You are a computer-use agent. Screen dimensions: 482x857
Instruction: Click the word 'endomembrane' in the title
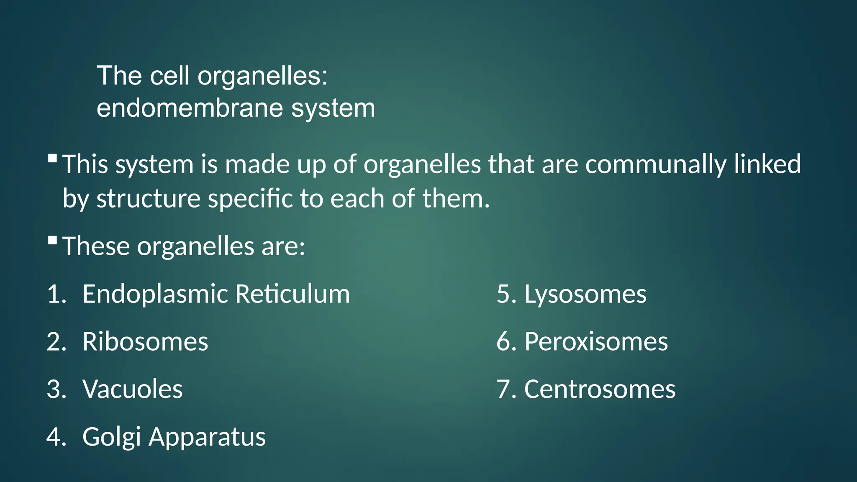point(190,108)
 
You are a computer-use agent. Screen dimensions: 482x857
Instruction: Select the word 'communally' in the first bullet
point(656,164)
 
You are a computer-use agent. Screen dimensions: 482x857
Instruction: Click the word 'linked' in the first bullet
point(767,164)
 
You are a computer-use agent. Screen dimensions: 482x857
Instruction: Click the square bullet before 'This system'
point(53,159)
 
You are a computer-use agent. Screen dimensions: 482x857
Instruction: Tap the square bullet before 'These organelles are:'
point(53,240)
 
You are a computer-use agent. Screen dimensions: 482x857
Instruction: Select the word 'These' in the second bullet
point(96,246)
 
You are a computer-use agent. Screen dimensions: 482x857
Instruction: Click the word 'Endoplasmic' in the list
point(155,294)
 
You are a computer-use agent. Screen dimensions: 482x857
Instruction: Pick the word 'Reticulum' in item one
point(293,294)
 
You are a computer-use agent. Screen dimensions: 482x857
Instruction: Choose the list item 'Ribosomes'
point(145,341)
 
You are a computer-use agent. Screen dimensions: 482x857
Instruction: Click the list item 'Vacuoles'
point(133,389)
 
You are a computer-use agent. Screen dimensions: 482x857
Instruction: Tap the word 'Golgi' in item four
point(111,437)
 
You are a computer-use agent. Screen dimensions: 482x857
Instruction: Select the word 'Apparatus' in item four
point(207,437)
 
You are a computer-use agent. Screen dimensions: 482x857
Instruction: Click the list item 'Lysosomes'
point(585,294)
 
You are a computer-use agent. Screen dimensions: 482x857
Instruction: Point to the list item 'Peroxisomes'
point(596,341)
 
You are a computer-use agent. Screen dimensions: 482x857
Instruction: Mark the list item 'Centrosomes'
point(600,389)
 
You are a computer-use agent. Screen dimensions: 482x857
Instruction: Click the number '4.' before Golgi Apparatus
point(56,437)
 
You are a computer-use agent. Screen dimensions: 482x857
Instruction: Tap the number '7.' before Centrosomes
point(506,389)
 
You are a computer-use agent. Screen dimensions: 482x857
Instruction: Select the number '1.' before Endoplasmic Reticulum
point(56,294)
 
